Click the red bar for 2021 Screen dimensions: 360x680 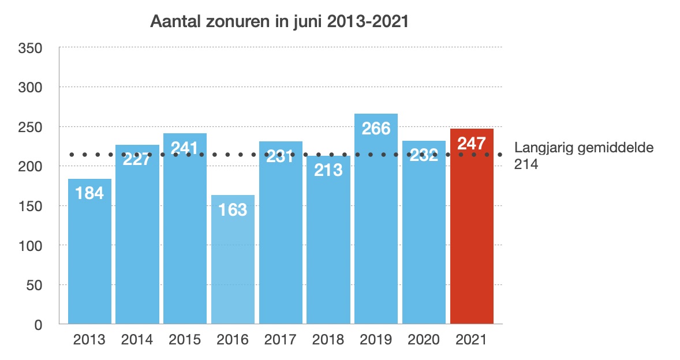[472, 231]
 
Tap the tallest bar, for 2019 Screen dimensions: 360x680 [376, 231]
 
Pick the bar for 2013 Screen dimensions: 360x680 [89, 260]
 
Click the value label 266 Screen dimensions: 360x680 [376, 128]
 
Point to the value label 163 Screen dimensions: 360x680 [233, 209]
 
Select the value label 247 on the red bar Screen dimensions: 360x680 [472, 143]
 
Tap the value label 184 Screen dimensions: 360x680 [89, 193]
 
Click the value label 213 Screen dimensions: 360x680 [328, 170]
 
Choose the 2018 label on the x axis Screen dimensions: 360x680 [328, 340]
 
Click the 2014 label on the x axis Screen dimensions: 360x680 [137, 340]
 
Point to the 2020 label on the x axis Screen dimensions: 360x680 [424, 340]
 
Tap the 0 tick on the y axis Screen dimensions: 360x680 [38, 325]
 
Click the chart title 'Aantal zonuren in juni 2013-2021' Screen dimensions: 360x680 [279, 22]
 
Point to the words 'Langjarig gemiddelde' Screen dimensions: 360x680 [584, 148]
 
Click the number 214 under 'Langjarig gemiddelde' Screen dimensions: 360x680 [525, 164]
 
